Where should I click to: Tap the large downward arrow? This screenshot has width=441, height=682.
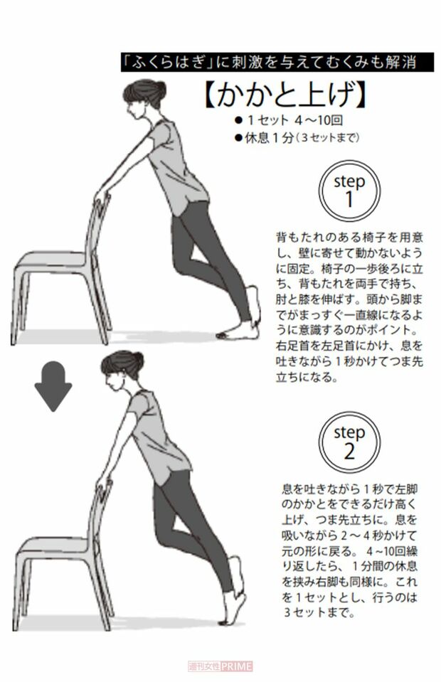click(53, 385)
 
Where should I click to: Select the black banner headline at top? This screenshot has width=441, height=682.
click(277, 63)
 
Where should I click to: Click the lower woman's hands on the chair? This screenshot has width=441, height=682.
click(105, 484)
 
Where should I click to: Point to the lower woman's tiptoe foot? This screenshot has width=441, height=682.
click(235, 612)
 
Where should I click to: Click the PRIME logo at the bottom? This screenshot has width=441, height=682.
click(220, 666)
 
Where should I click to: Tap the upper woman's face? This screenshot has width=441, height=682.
click(132, 107)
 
